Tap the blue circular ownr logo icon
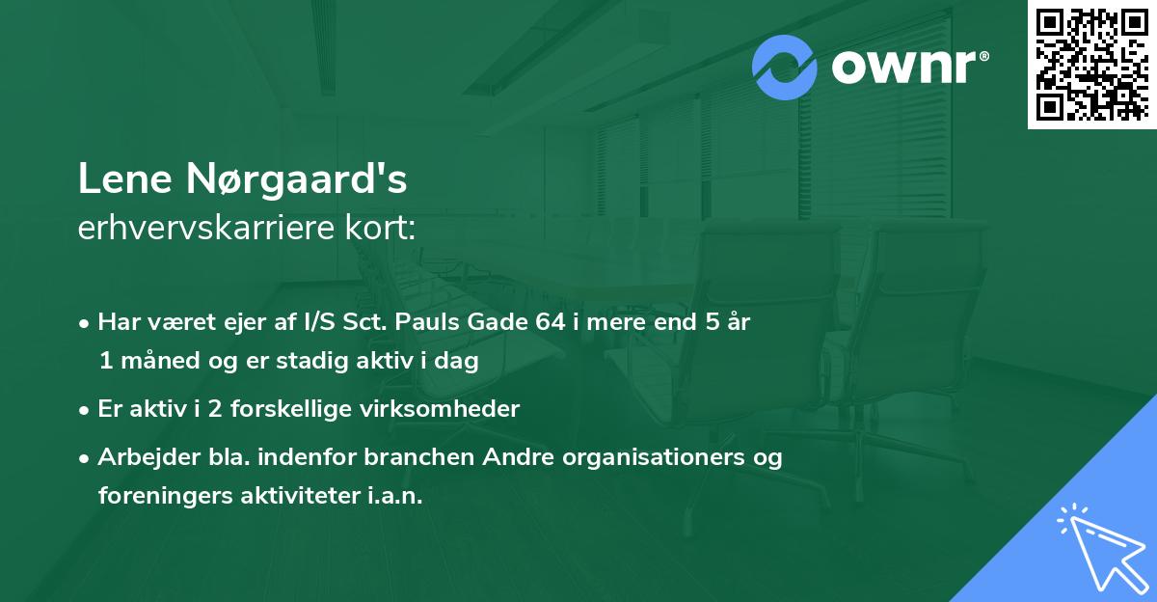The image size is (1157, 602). (x=785, y=68)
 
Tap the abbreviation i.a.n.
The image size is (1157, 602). (x=395, y=495)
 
